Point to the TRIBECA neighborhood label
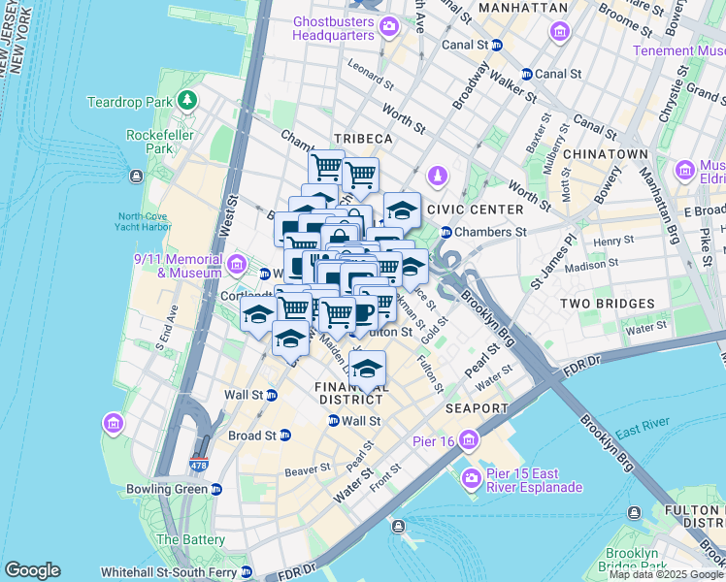[x=363, y=140]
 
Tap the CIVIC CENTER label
[x=481, y=209]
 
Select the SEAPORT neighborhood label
[x=477, y=408]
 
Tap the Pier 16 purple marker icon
[x=470, y=439]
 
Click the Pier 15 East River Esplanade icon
[x=472, y=478]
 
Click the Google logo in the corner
[x=32, y=570]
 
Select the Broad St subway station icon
[x=284, y=436]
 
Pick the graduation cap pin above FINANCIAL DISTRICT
[x=367, y=370]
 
